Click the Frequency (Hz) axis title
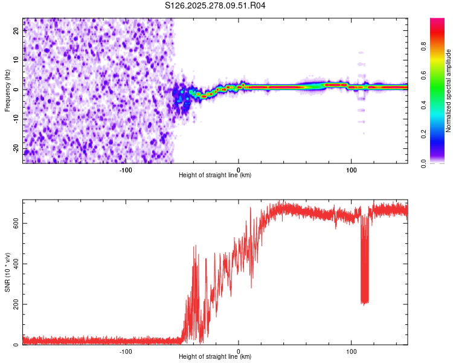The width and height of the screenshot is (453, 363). (7, 91)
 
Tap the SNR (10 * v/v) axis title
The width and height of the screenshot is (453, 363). (7, 272)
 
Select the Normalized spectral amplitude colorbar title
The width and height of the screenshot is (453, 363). (449, 91)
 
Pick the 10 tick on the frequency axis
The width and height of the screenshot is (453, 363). (16, 59)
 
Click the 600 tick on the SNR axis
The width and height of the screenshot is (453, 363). (16, 223)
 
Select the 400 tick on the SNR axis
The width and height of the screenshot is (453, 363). (16, 264)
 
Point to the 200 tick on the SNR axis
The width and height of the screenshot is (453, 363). (16, 304)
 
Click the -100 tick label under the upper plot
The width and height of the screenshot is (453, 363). (126, 169)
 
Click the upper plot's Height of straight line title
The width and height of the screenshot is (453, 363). (215, 175)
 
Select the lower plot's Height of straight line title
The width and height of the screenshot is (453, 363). (215, 357)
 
